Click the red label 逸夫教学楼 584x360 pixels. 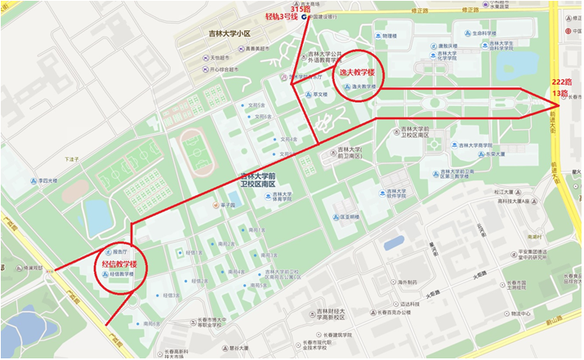pyautogui.click(x=357, y=72)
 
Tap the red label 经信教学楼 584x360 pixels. pyautogui.click(x=119, y=264)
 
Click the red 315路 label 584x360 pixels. pyautogui.click(x=301, y=7)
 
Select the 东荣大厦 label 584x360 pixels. pyautogui.click(x=490, y=153)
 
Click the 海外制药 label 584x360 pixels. pyautogui.click(x=401, y=282)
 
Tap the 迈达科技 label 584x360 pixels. pyautogui.click(x=408, y=302)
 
